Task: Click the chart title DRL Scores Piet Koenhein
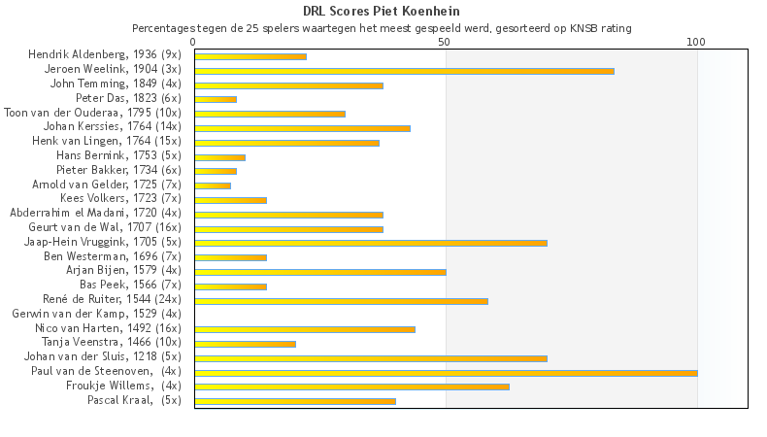pos(382,12)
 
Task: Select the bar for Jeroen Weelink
pos(404,71)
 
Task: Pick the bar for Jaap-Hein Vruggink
pos(371,243)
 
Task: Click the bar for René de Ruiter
pos(341,301)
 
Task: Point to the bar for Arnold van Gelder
pos(213,185)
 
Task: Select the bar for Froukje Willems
pos(351,387)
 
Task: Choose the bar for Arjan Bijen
pos(320,272)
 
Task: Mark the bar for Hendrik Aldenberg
pos(250,56)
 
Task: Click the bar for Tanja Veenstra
pos(245,344)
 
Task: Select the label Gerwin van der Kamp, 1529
pos(96,315)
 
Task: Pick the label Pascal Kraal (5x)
pos(134,400)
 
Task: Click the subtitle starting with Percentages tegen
pos(382,28)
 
